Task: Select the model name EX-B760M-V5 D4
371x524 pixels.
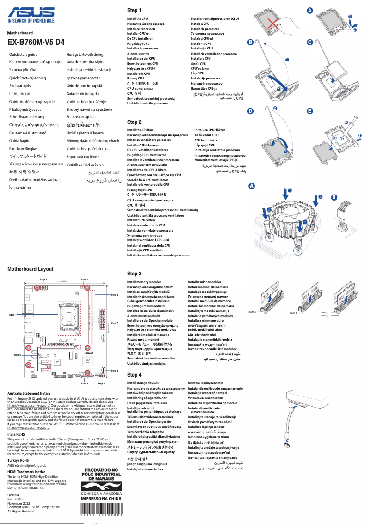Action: (36, 43)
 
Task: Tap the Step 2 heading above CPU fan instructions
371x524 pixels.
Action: (134, 122)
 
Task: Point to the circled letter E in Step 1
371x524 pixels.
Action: (309, 111)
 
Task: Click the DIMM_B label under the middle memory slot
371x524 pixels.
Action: (293, 313)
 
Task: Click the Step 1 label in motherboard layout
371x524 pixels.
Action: (12, 314)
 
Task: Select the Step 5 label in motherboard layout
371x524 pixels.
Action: (17, 354)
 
